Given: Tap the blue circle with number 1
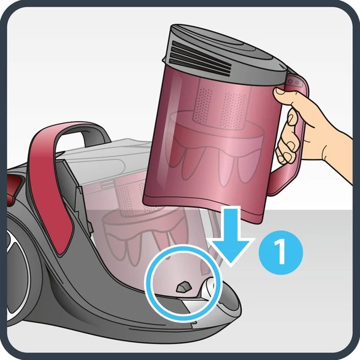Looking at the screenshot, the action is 281,253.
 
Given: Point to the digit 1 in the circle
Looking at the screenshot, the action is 280,253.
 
